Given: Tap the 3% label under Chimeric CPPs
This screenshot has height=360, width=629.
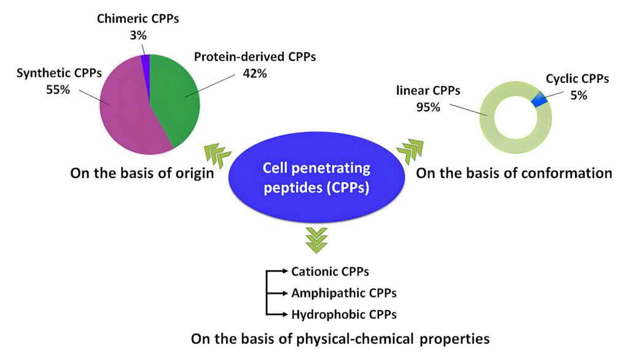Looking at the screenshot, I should [x=138, y=36].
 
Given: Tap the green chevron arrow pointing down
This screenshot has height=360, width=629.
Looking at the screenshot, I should [x=317, y=239].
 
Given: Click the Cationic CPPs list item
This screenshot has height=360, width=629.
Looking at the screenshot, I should [x=330, y=271].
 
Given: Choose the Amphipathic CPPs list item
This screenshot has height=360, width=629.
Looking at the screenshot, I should [x=343, y=292].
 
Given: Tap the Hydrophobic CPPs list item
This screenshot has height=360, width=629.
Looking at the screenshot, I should [x=343, y=314].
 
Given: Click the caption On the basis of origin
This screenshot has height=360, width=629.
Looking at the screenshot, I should [x=142, y=173].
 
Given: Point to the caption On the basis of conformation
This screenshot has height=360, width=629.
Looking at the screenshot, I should [x=514, y=173].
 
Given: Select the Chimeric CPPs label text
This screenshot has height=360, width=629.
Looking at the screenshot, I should [x=138, y=18].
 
